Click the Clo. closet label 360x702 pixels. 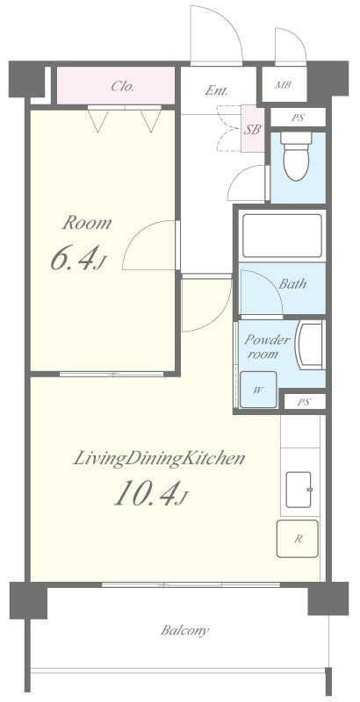click(123, 86)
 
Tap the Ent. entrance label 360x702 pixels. click(217, 90)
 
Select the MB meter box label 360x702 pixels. click(284, 84)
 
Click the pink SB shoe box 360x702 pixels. click(253, 129)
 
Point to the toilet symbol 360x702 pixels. click(296, 156)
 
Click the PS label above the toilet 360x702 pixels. click(298, 118)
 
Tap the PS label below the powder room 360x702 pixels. click(304, 402)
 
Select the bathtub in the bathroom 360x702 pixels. click(282, 235)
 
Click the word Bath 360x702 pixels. click(293, 283)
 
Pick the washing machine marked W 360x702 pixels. click(258, 390)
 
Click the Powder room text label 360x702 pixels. click(266, 347)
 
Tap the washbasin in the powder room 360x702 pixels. click(310, 345)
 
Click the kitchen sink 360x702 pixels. click(299, 490)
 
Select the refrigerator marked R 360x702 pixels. click(298, 539)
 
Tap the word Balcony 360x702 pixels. click(184, 631)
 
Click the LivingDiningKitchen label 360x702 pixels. click(159, 458)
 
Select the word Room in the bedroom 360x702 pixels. click(87, 223)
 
